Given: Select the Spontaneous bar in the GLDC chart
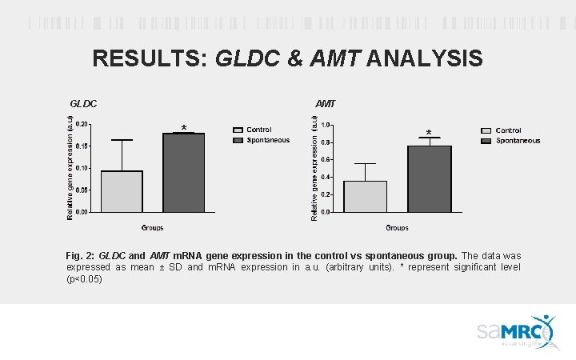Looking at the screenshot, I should click(184, 173).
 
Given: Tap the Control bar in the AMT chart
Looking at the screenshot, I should click(365, 196).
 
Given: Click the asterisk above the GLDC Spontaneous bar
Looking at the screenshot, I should click(184, 128).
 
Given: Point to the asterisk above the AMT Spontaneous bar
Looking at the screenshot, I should click(429, 133).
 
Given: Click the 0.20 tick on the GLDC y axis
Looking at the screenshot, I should click(82, 124).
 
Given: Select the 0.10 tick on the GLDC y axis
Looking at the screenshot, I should click(82, 168).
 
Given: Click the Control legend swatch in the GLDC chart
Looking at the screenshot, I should click(238, 130).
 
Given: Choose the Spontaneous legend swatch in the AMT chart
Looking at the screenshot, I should click(486, 141).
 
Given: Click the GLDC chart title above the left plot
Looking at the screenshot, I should click(83, 103).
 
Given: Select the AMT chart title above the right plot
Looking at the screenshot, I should click(326, 103).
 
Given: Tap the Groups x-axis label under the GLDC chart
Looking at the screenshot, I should click(153, 228).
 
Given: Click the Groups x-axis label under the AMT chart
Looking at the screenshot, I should click(398, 228).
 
